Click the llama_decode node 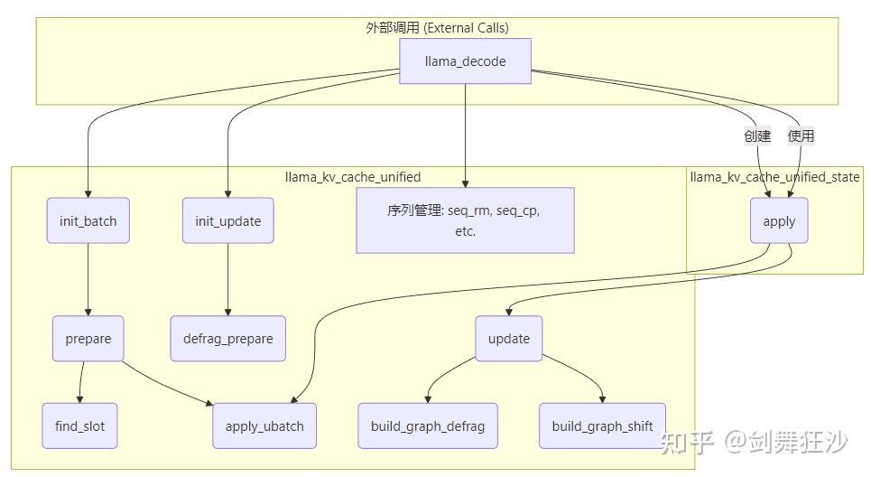point(465,61)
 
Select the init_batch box point(88,220)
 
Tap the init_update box point(227,220)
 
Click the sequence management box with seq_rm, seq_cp point(465,220)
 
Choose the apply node point(779,220)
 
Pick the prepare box point(88,339)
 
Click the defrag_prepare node point(227,339)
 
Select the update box point(509,338)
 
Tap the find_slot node point(79,426)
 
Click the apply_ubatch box point(264,426)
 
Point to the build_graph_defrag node point(428,426)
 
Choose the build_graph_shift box point(602,426)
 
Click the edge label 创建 point(757,136)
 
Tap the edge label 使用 point(801,136)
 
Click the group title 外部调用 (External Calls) point(437,28)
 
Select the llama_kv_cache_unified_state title point(774,177)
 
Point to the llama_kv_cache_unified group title point(353,177)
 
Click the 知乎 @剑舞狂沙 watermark point(754,442)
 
